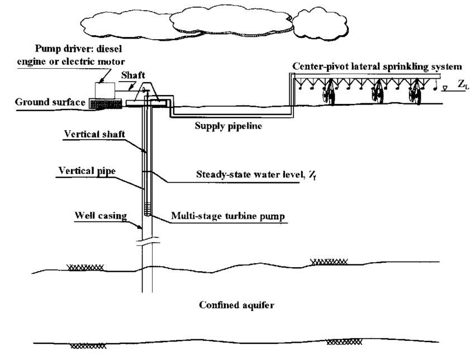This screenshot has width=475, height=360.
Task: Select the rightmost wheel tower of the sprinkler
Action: click(x=417, y=93)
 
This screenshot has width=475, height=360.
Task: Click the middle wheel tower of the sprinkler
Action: click(x=376, y=93)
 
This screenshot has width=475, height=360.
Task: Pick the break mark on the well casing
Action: click(x=149, y=241)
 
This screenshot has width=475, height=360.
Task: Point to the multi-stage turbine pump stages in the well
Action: click(x=148, y=209)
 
